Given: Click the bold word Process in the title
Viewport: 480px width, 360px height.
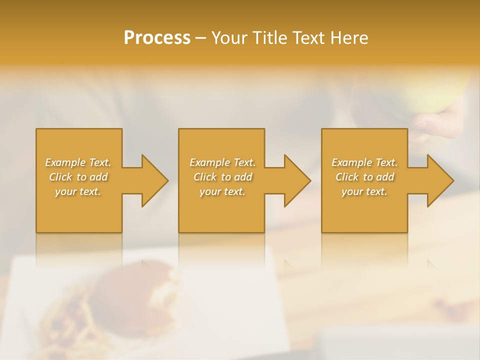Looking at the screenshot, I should click(x=157, y=37).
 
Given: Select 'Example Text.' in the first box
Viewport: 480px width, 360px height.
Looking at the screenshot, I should click(x=78, y=162).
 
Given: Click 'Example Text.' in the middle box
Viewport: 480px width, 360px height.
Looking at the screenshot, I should click(x=222, y=162).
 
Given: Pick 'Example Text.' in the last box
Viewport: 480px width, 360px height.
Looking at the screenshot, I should click(x=364, y=162).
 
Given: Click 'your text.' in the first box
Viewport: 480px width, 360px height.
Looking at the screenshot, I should click(x=78, y=191).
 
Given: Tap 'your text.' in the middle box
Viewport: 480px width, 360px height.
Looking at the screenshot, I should click(x=222, y=191).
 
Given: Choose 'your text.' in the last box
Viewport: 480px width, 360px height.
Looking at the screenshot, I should click(x=364, y=191).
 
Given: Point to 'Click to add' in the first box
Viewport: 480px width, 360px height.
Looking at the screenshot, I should click(x=78, y=177).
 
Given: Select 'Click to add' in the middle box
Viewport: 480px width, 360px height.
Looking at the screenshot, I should click(x=222, y=177).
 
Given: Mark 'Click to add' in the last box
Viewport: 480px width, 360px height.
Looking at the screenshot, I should click(x=364, y=177).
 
